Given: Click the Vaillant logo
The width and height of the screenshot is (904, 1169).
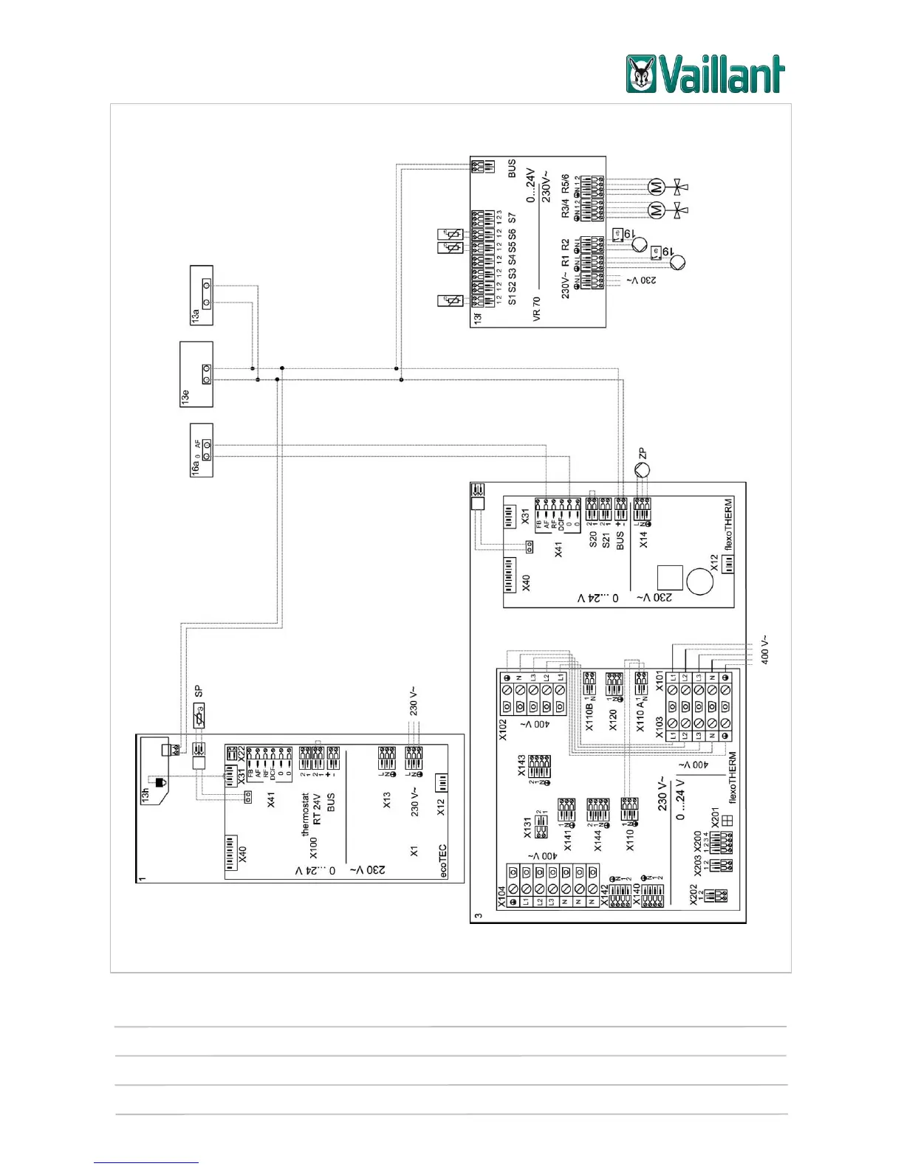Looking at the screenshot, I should pos(705,75).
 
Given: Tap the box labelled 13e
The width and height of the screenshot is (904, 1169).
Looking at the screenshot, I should pos(196,374).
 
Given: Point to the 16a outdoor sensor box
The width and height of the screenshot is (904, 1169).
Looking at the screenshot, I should pos(202,450).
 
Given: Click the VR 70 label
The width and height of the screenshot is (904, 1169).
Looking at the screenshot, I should pos(537,308).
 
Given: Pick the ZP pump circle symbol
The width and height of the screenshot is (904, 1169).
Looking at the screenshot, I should pos(643,469).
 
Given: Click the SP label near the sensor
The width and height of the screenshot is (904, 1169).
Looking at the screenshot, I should pos(198,692).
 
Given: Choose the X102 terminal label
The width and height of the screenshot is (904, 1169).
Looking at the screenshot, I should pos(503,729).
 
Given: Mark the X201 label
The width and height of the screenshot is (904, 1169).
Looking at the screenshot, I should pos(715,818).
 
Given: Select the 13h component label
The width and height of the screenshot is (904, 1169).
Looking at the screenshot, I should pos(145,794).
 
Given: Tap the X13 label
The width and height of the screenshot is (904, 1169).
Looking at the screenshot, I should pos(387,800).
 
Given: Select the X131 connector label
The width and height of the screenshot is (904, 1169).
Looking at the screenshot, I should pos(527,827).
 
